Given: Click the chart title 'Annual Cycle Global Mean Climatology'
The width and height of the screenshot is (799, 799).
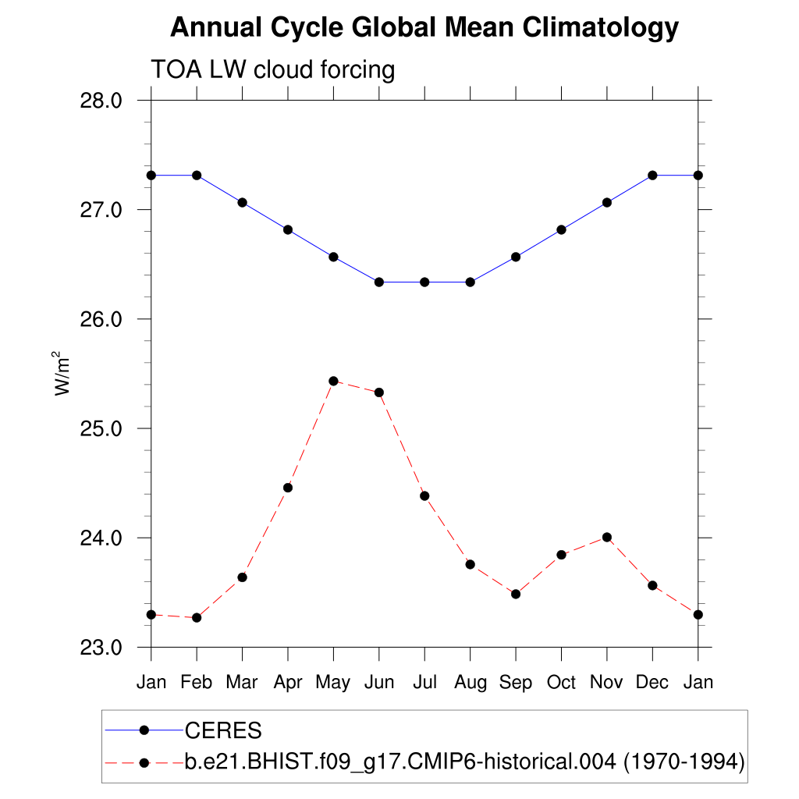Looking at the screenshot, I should tap(424, 28).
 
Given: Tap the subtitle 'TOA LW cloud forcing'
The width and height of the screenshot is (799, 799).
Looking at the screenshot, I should tap(273, 69).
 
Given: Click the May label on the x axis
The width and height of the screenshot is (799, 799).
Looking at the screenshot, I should tap(333, 683).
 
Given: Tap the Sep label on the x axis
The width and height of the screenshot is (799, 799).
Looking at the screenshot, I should tap(516, 683).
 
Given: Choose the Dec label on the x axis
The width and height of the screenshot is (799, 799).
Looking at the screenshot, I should tap(652, 683).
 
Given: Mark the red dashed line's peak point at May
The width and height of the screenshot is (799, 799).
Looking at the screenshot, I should tap(333, 381).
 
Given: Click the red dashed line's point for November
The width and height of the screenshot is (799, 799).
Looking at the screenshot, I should tap(607, 537).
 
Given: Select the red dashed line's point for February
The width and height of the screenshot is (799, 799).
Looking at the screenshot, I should tap(197, 617).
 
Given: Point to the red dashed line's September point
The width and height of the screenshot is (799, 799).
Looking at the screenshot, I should tap(516, 594).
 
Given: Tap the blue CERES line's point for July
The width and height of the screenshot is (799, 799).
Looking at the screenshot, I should tap(424, 282).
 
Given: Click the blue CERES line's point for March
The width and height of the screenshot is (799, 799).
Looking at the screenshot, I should tap(242, 202).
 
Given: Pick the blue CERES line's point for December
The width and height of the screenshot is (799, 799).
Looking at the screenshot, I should tap(652, 175).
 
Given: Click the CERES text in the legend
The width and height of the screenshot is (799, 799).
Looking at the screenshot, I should tap(222, 731).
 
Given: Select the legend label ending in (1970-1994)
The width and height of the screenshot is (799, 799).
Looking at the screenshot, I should tap(464, 761).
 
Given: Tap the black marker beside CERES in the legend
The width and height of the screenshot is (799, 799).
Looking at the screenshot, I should tap(144, 730).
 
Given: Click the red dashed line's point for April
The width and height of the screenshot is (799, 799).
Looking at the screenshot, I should tap(288, 488).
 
